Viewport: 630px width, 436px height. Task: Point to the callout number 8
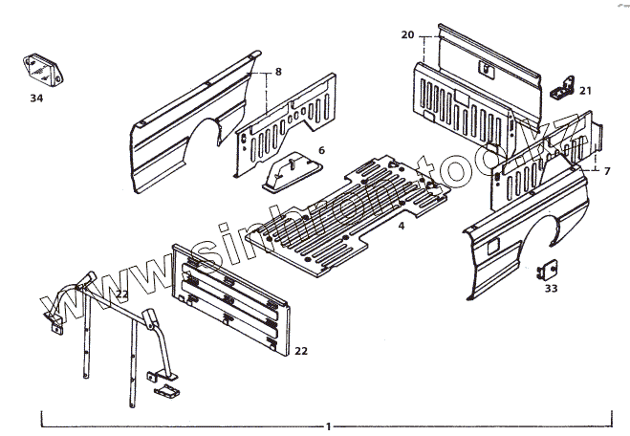click(x=278, y=72)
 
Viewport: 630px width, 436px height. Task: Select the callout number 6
click(x=321, y=150)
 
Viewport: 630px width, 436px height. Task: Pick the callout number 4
click(x=402, y=226)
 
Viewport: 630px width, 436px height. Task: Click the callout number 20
click(x=407, y=35)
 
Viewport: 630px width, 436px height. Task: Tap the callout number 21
click(x=585, y=91)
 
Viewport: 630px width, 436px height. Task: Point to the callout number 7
click(x=606, y=170)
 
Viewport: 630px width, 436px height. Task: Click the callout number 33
click(x=552, y=288)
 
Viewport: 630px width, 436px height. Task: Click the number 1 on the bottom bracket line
click(x=328, y=425)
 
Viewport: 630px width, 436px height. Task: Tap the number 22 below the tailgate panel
click(x=301, y=351)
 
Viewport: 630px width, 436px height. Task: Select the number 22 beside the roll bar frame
click(x=121, y=294)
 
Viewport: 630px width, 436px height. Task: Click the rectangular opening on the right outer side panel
click(x=492, y=246)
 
